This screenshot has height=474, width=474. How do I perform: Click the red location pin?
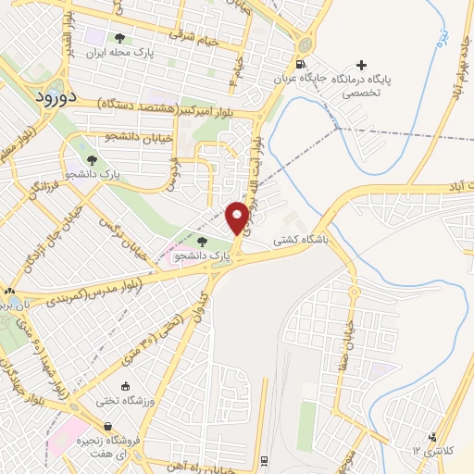tap(238, 218)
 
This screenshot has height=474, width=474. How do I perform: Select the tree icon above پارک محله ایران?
tap(118, 38)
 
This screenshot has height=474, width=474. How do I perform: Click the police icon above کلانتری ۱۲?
tap(431, 437)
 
